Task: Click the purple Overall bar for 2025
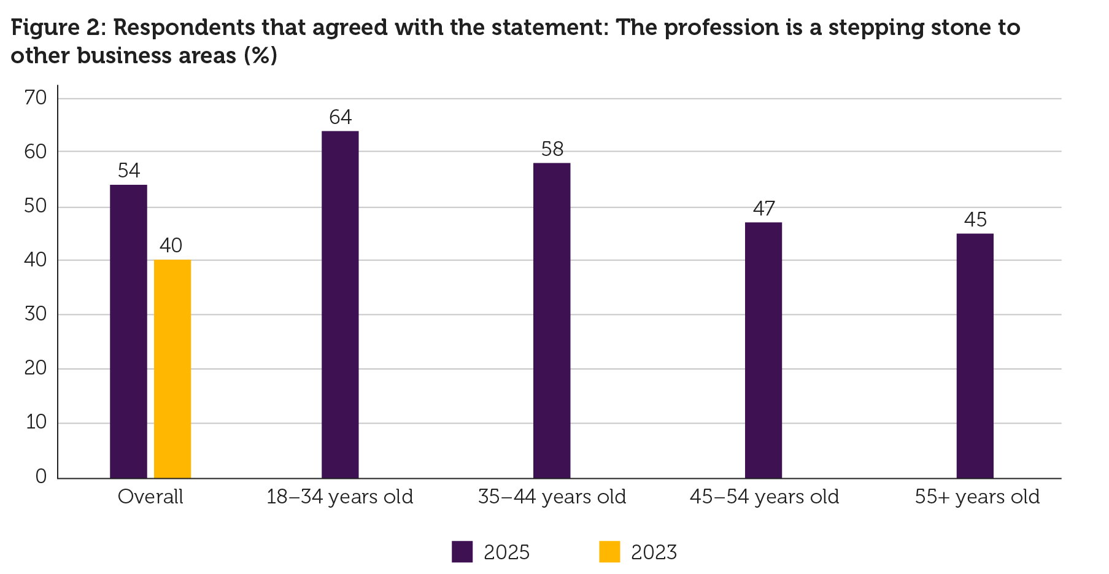pos(128,332)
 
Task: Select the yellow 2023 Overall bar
pos(172,369)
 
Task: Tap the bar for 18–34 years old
pos(340,304)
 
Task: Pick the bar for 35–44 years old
pos(552,320)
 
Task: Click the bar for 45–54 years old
pos(763,350)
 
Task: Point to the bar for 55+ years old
pos(975,355)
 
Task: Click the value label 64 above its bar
pos(341,117)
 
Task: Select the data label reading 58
pos(552,149)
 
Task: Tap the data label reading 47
pos(764,209)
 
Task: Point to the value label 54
pos(129,171)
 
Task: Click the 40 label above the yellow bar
pos(171,246)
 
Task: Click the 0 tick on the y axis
pos(41,477)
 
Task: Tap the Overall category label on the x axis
pos(150,497)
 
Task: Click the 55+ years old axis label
pos(977,497)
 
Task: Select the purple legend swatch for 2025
pos(462,551)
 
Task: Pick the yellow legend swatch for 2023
pos(609,551)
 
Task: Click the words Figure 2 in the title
pos(56,28)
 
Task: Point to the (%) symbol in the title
pos(260,56)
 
